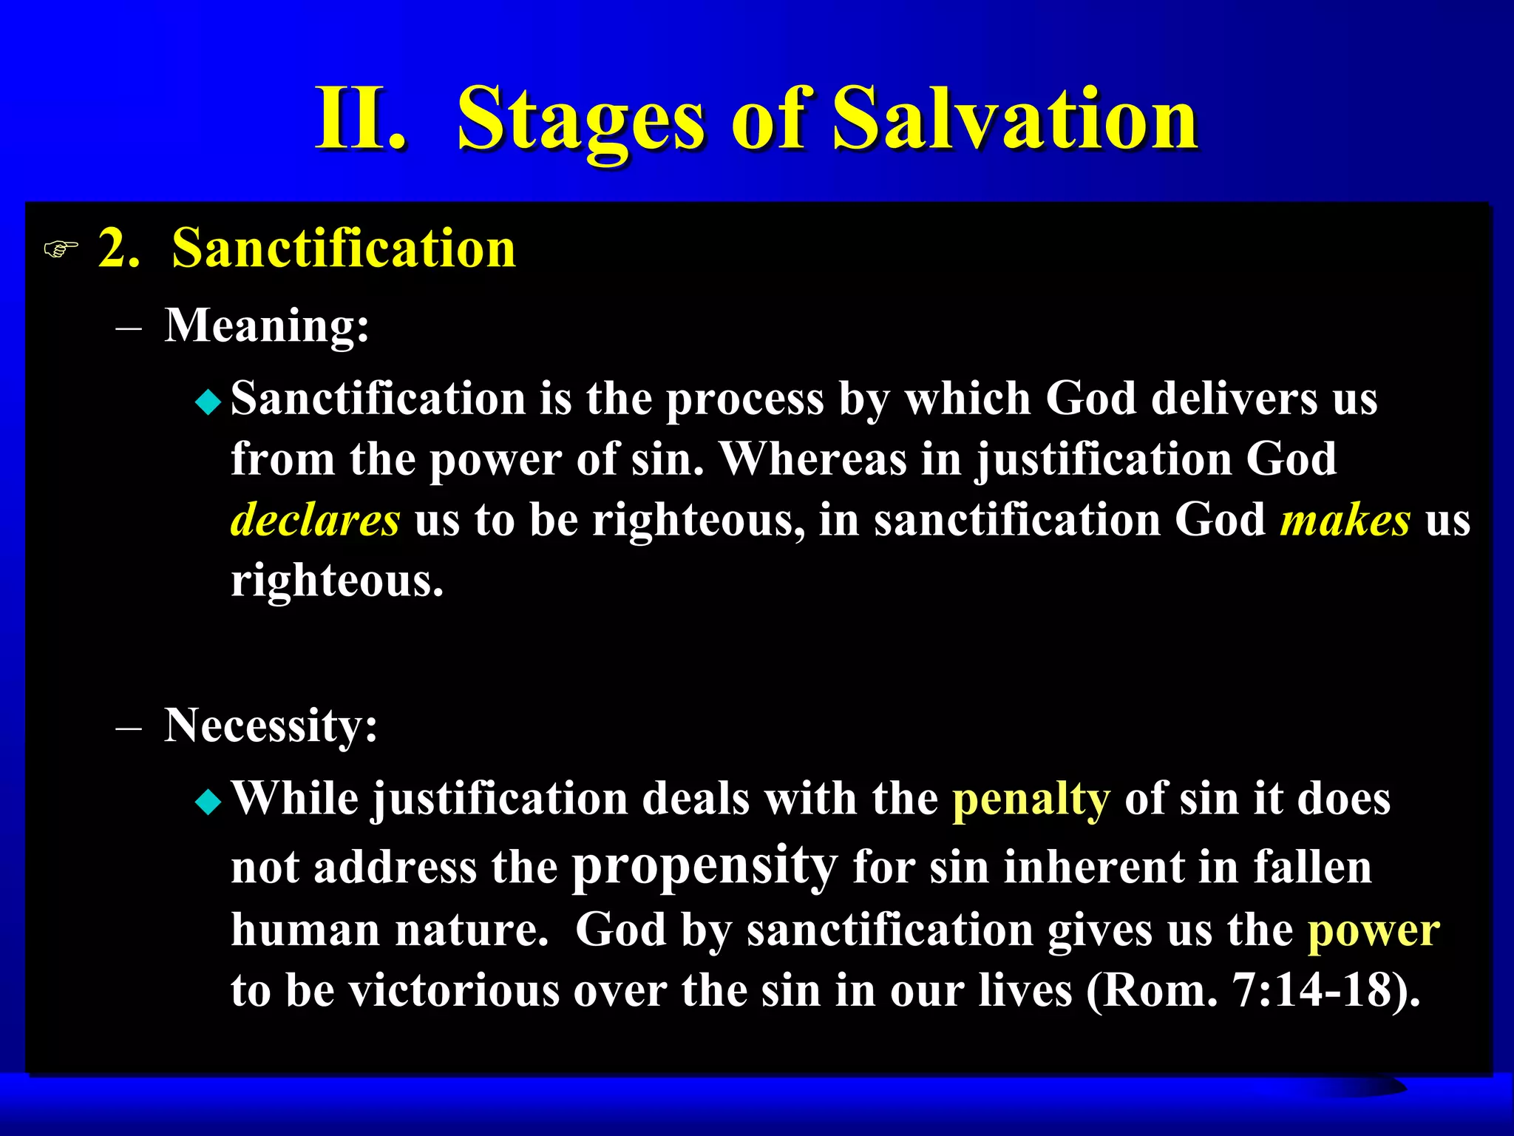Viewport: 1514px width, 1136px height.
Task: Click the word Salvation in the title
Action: point(1014,118)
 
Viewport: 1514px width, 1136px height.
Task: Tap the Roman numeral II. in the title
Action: point(360,118)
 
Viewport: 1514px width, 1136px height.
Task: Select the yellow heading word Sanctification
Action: point(343,248)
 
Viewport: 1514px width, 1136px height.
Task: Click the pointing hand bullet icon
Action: point(61,249)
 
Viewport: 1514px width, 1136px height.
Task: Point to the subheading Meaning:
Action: point(266,325)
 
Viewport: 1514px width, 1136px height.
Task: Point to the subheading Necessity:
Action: point(271,725)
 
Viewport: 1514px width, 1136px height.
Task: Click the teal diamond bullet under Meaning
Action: point(208,402)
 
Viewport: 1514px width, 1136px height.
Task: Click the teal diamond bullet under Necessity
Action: point(208,802)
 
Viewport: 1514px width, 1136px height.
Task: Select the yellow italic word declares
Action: point(315,519)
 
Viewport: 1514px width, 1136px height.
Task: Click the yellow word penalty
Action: point(1031,800)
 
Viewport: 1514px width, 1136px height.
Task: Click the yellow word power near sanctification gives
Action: point(1373,930)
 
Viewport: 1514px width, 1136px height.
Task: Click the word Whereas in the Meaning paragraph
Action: point(812,459)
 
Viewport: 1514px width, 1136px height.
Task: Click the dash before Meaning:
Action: point(129,328)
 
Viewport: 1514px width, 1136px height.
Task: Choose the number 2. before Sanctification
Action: point(119,248)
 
